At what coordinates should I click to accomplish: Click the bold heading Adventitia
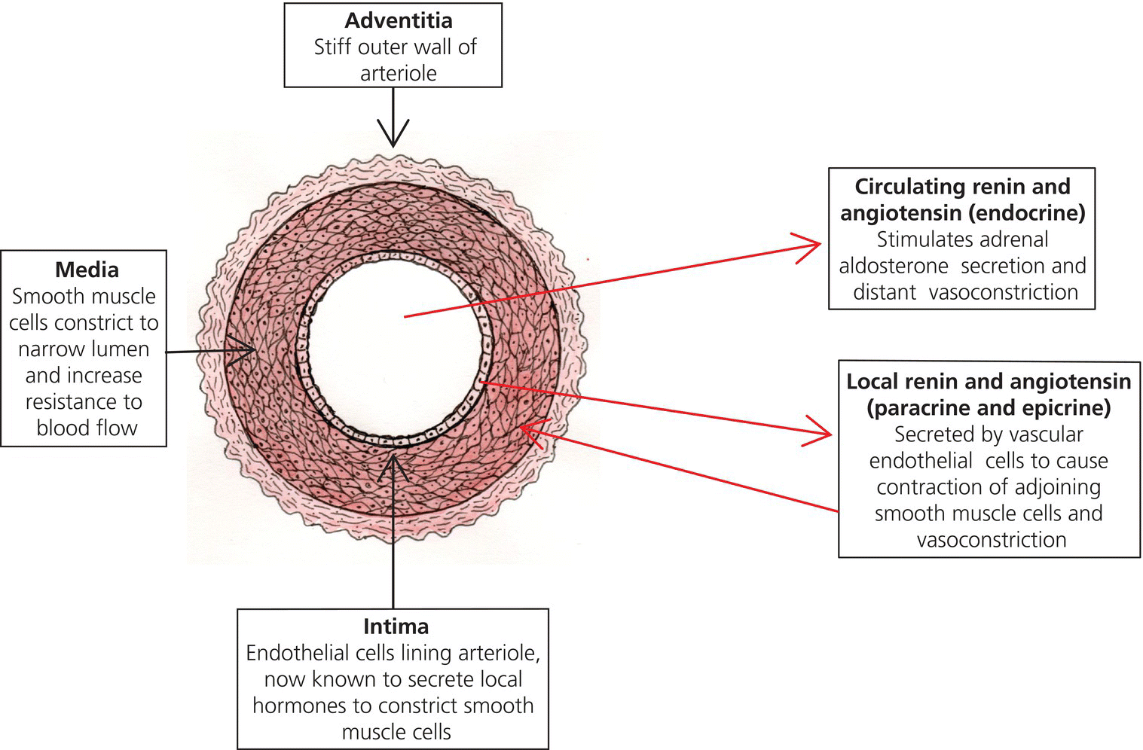399,20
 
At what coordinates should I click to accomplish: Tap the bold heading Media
87,270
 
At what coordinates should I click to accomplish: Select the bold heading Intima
396,627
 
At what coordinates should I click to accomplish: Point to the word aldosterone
893,266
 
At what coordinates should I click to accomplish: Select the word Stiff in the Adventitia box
332,47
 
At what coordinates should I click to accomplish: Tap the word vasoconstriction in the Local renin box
991,540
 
